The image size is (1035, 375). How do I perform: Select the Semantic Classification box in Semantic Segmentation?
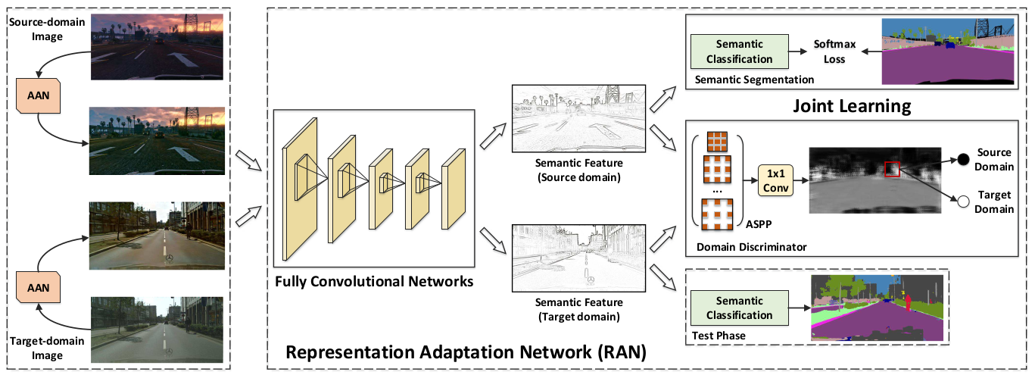[x=739, y=52]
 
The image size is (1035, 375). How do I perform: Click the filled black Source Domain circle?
[x=963, y=159]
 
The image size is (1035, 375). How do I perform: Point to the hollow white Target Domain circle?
[x=963, y=202]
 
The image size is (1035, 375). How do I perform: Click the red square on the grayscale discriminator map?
[x=892, y=169]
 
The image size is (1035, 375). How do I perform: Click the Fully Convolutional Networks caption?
[x=375, y=282]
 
